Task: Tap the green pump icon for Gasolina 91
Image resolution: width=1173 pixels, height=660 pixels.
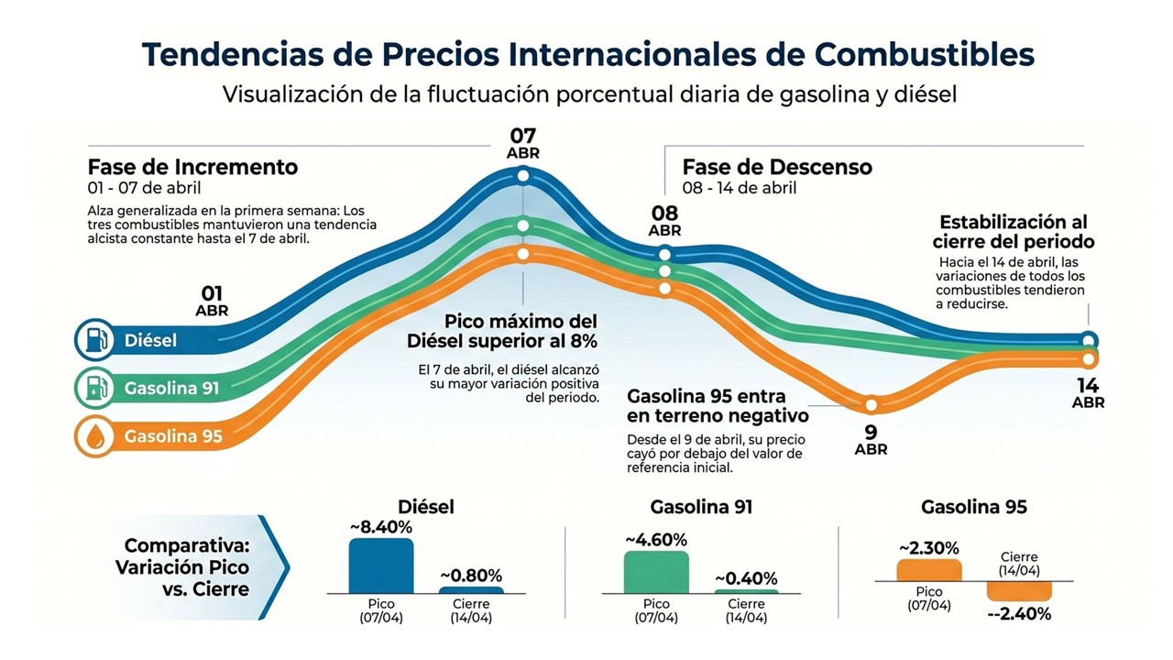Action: pos(94,388)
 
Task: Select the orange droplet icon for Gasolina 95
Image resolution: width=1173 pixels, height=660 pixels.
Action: pos(94,436)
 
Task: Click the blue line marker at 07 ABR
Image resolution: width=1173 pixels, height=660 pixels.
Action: pos(522,176)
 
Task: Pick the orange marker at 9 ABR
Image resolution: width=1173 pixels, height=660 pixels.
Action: pos(872,404)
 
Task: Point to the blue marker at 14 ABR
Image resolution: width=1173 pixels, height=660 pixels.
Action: pos(1088,338)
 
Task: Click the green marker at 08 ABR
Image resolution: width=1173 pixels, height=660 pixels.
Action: pos(665,270)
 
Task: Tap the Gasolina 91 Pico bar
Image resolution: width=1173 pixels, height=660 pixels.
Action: pos(655,572)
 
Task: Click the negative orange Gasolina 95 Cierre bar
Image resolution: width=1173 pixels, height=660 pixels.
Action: pos(1018,591)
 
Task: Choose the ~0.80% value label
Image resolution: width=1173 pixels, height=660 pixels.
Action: pos(471,576)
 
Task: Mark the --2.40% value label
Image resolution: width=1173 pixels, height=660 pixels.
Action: pos(1019,614)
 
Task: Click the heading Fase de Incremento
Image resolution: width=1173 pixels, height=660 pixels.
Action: pos(192,167)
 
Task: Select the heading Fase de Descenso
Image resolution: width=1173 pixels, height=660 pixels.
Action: pos(777,167)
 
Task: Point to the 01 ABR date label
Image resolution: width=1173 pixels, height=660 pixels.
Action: pos(212,301)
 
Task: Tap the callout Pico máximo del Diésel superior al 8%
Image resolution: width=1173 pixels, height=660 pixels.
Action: pos(502,332)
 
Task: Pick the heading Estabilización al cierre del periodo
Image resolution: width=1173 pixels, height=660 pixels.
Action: pos(1014,232)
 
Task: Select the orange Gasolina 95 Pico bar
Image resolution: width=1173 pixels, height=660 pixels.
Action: pos(929,570)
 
